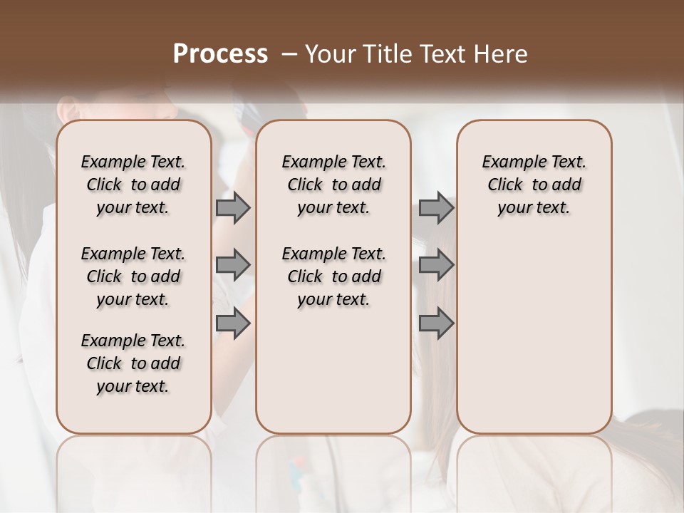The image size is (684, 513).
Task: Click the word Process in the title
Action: [220, 54]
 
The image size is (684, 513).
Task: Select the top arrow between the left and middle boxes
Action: [233, 207]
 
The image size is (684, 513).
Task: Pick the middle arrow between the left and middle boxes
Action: [233, 265]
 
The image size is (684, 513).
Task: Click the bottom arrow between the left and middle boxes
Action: [233, 323]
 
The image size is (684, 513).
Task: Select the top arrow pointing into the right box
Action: [436, 207]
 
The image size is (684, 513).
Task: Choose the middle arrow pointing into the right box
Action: [436, 265]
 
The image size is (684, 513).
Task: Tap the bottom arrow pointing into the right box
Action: [436, 323]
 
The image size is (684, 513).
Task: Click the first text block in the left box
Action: [133, 185]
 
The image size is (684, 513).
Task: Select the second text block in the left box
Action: [133, 276]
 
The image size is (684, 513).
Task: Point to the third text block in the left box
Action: [133, 363]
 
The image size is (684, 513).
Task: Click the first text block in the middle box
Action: [333, 185]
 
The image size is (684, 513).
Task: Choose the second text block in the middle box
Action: [333, 276]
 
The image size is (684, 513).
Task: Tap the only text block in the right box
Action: [534, 185]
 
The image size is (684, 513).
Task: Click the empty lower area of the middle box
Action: [333, 370]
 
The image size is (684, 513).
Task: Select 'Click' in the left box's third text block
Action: [104, 363]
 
